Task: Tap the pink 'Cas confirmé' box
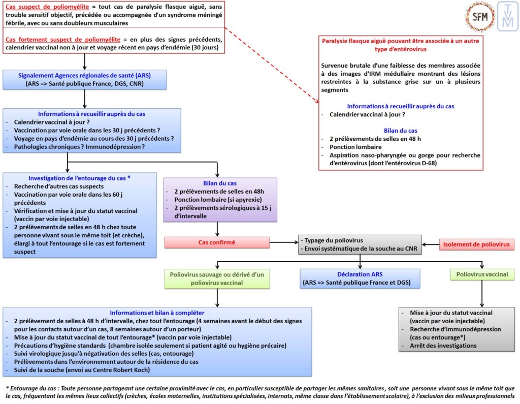216,243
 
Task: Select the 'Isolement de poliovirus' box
477,245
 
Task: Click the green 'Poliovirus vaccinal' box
482,274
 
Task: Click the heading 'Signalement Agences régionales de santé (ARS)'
84,75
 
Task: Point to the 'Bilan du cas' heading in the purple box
220,182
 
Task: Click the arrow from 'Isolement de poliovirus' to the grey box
431,245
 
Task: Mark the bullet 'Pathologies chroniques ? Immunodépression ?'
79,147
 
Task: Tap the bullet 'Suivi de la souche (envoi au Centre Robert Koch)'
85,370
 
